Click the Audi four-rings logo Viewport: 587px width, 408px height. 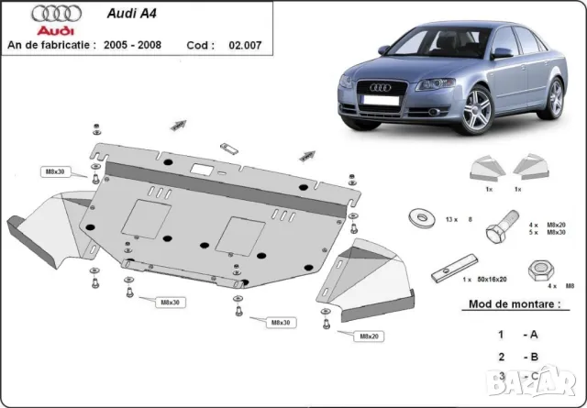click(x=46, y=15)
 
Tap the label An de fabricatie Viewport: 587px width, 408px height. click(x=53, y=44)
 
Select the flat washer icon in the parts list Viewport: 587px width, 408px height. click(x=424, y=216)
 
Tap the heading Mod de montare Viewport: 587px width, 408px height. click(x=515, y=303)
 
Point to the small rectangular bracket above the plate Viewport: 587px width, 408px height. click(x=228, y=148)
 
